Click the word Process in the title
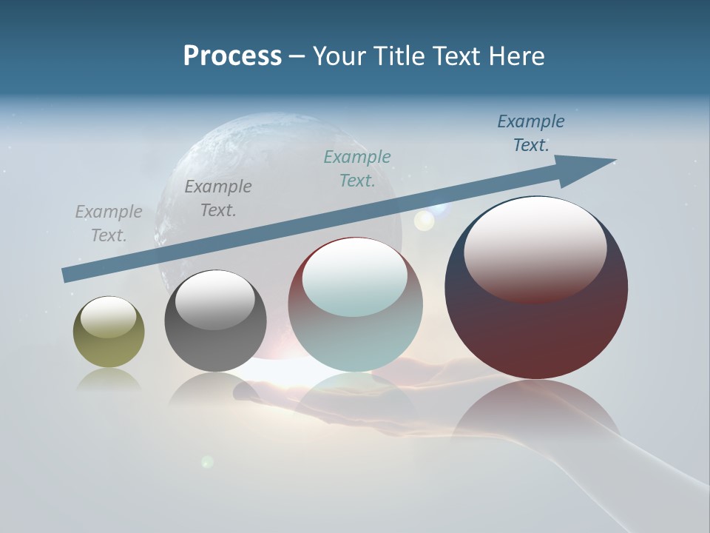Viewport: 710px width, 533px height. (232, 56)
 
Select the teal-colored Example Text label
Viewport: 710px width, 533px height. (357, 169)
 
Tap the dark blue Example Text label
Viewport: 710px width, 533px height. (530, 133)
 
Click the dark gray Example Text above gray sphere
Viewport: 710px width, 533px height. (218, 198)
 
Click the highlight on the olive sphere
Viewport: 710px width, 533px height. (109, 317)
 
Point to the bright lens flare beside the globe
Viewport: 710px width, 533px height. (424, 220)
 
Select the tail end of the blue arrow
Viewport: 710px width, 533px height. (68, 275)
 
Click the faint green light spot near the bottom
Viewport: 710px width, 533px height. (207, 462)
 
